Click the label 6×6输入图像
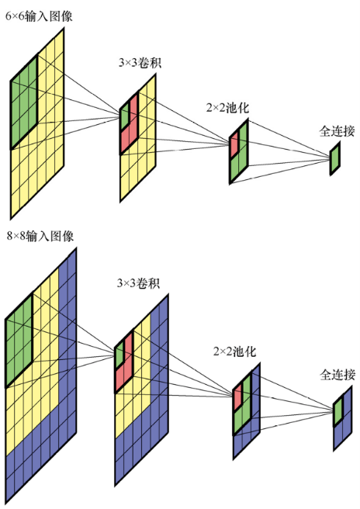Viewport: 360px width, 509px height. [39, 16]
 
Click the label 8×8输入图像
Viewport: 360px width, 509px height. [40, 236]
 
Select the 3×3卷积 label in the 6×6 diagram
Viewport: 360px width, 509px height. [140, 62]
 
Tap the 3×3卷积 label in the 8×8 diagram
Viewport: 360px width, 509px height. [138, 283]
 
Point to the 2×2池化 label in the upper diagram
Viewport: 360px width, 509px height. [227, 108]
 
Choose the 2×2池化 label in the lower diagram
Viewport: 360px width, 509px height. [234, 351]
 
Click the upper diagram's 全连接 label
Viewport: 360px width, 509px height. [337, 131]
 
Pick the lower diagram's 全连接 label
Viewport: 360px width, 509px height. [337, 375]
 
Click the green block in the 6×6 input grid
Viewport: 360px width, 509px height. [24, 102]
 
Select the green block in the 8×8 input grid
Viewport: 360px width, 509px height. [19, 341]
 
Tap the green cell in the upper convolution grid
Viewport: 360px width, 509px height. [125, 116]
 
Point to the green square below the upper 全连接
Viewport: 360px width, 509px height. [335, 159]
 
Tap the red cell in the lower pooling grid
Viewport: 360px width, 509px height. [237, 396]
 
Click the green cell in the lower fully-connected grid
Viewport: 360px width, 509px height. [338, 410]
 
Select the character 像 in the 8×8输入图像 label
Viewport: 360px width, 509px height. [67, 236]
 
